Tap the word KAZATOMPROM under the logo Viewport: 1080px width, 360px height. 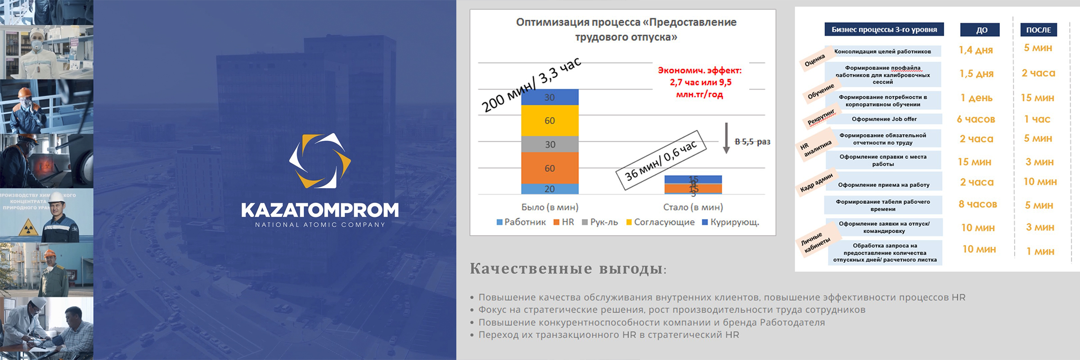[x=319, y=210]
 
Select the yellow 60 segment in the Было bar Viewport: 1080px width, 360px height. [x=549, y=121]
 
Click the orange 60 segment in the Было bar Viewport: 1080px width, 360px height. [x=549, y=168]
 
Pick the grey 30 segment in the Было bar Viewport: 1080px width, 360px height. [x=549, y=144]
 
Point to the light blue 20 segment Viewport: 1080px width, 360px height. [x=549, y=189]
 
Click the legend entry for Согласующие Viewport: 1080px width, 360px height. [x=660, y=222]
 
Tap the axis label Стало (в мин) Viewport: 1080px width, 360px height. [x=693, y=207]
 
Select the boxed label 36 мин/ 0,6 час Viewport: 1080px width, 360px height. [x=661, y=160]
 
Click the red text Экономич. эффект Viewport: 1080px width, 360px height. [x=700, y=71]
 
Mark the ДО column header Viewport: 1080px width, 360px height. [x=980, y=30]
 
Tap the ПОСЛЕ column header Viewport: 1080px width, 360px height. [x=1039, y=30]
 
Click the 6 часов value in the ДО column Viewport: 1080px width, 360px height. [x=976, y=119]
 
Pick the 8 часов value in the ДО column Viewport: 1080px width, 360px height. [x=977, y=204]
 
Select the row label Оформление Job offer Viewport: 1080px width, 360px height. [x=884, y=119]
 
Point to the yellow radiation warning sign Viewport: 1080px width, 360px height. [x=27, y=228]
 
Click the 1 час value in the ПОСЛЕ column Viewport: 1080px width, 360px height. [x=1037, y=119]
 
